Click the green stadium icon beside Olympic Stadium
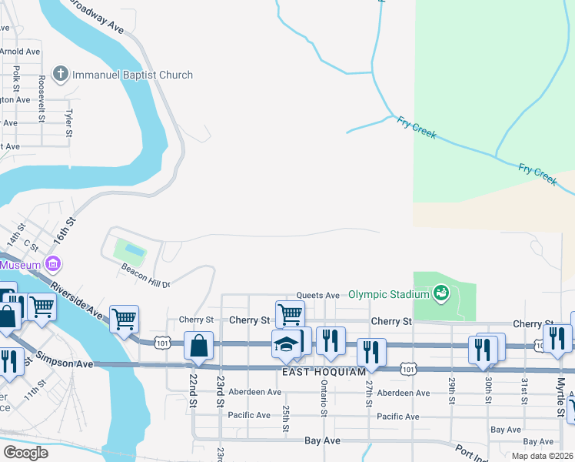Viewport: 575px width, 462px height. [440, 292]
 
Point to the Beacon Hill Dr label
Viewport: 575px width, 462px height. [145, 276]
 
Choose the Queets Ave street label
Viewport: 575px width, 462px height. [318, 295]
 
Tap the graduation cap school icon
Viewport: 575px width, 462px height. [285, 344]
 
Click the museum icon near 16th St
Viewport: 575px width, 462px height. [53, 264]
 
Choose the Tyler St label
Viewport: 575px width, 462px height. [68, 121]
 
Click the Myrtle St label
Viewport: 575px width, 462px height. [560, 394]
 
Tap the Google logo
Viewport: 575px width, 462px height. [25, 452]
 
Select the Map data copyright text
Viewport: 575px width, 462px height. [541, 455]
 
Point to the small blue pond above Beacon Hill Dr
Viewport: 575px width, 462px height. [134, 251]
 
